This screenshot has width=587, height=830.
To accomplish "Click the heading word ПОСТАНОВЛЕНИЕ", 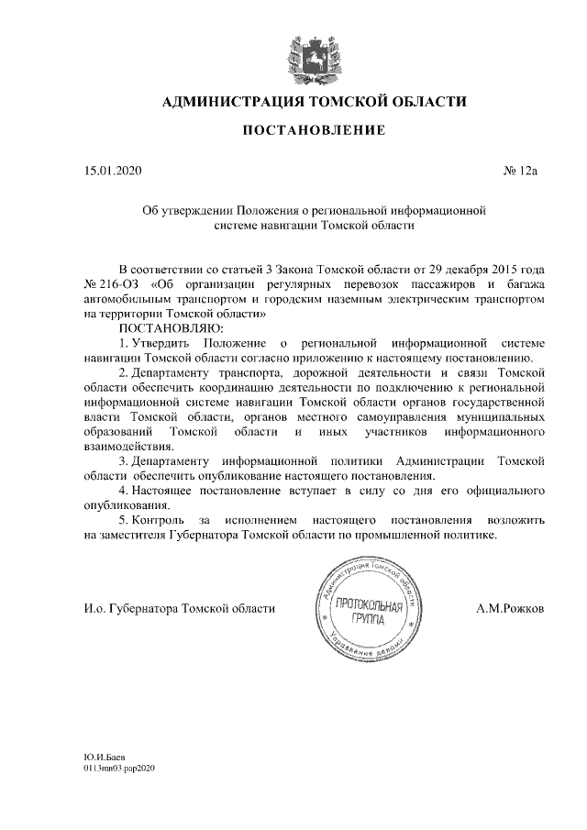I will [x=314, y=131].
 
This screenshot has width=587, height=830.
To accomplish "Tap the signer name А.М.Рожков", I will [x=510, y=608].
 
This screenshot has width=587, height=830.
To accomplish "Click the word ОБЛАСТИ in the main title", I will [x=428, y=101].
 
